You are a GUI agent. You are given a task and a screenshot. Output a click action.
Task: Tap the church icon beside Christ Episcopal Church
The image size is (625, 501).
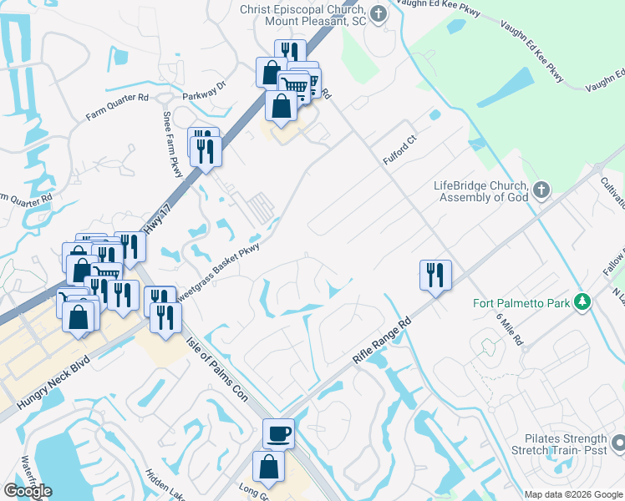pos(379,13)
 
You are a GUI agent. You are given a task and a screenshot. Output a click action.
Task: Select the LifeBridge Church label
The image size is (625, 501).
pos(480,191)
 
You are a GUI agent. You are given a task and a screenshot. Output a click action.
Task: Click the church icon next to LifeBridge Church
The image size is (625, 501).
pos(541,190)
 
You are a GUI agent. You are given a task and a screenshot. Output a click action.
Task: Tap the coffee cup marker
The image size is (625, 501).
pos(278,433)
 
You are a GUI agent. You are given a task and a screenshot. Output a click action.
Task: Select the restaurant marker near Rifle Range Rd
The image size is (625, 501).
pos(435,275)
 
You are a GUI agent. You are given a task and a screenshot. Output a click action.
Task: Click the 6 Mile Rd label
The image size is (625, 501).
pos(508,329)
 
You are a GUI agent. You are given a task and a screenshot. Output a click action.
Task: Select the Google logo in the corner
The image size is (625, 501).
pos(28,491)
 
